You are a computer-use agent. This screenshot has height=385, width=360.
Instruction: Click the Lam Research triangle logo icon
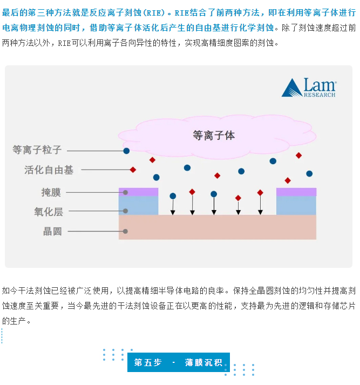coord(291,88)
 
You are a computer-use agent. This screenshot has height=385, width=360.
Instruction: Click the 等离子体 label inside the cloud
coord(214,135)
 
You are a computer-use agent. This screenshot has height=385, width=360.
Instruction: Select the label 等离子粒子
coord(37,150)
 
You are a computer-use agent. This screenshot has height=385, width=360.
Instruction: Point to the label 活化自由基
coord(49,170)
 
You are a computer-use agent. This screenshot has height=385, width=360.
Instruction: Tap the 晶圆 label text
coord(52,231)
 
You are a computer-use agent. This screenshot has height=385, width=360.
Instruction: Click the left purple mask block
coord(139,192)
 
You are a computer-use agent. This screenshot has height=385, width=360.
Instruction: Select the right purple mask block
coord(296,192)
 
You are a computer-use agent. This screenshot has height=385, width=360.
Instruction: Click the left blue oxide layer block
coord(139,206)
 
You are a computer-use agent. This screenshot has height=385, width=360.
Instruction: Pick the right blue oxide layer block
coord(296,206)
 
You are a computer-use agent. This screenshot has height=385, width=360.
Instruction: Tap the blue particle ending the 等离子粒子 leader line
coord(126,151)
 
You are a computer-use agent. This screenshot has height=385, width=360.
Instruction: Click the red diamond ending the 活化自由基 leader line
coord(133,170)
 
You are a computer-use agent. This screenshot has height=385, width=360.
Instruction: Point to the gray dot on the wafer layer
coord(125,231)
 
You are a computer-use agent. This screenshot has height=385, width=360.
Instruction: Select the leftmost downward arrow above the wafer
coord(173,205)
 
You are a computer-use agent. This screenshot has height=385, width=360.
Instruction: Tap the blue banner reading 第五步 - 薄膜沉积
coord(179,362)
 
